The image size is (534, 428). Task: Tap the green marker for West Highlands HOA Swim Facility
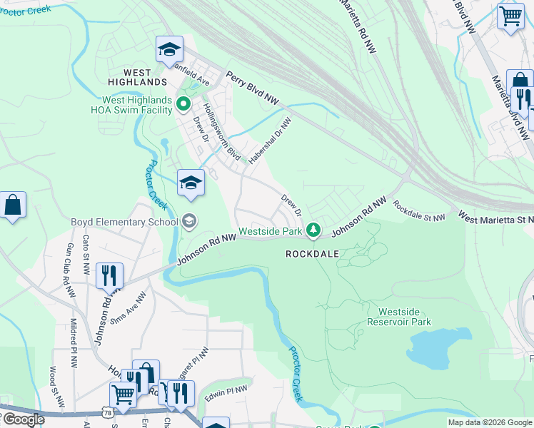coord(183,105)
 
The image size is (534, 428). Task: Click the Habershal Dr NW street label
coord(271,139)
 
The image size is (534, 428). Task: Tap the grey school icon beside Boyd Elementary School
coord(188,221)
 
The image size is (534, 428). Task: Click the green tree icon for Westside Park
coord(313,230)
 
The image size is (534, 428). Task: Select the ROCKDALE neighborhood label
coord(311,253)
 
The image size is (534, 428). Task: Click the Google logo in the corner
coord(23,419)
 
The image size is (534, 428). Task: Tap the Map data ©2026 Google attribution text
coord(490,422)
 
